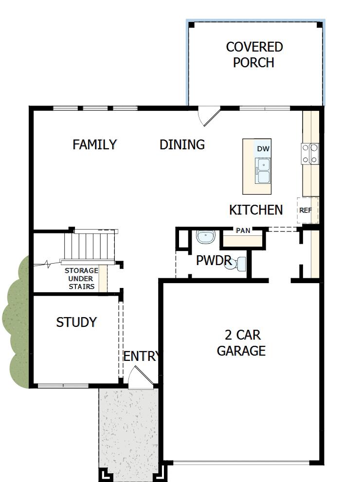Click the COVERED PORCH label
pyautogui.click(x=254, y=54)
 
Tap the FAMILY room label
pyautogui.click(x=95, y=144)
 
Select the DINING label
pyautogui.click(x=182, y=144)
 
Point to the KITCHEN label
pyautogui.click(x=256, y=210)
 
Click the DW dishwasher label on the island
pyautogui.click(x=263, y=149)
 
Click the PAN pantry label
pyautogui.click(x=243, y=231)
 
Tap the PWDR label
pyautogui.click(x=214, y=260)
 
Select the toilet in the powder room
pyautogui.click(x=240, y=264)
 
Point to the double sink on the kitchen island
pyautogui.click(x=263, y=170)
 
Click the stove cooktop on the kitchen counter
pyautogui.click(x=310, y=153)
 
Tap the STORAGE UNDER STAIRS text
pyautogui.click(x=81, y=278)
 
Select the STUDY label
pyautogui.click(x=76, y=322)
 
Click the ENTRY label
pyautogui.click(x=141, y=356)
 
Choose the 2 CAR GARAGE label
pyautogui.click(x=241, y=343)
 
